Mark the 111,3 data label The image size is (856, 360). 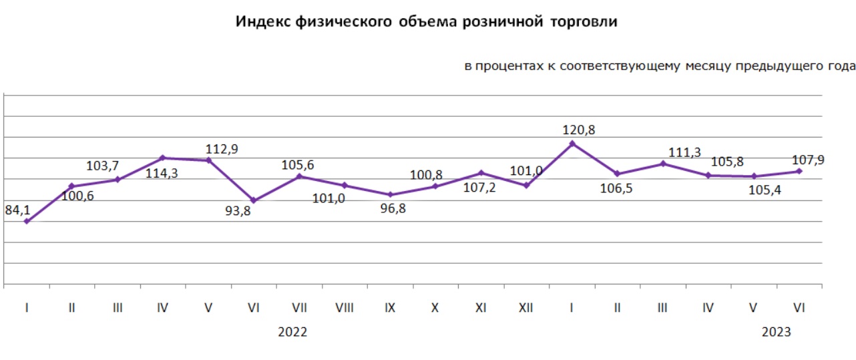(685, 152)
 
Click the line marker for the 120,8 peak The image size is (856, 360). (572, 143)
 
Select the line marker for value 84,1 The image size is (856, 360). (26, 221)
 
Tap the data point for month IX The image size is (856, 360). (391, 195)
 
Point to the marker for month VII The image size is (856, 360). (299, 176)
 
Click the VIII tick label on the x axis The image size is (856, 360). (345, 308)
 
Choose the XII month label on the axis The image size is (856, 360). (526, 308)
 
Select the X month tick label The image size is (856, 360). (435, 308)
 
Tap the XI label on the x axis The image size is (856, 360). (481, 308)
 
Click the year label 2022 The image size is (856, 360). (292, 332)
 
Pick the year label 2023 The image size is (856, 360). (777, 332)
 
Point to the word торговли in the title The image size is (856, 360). (585, 23)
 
